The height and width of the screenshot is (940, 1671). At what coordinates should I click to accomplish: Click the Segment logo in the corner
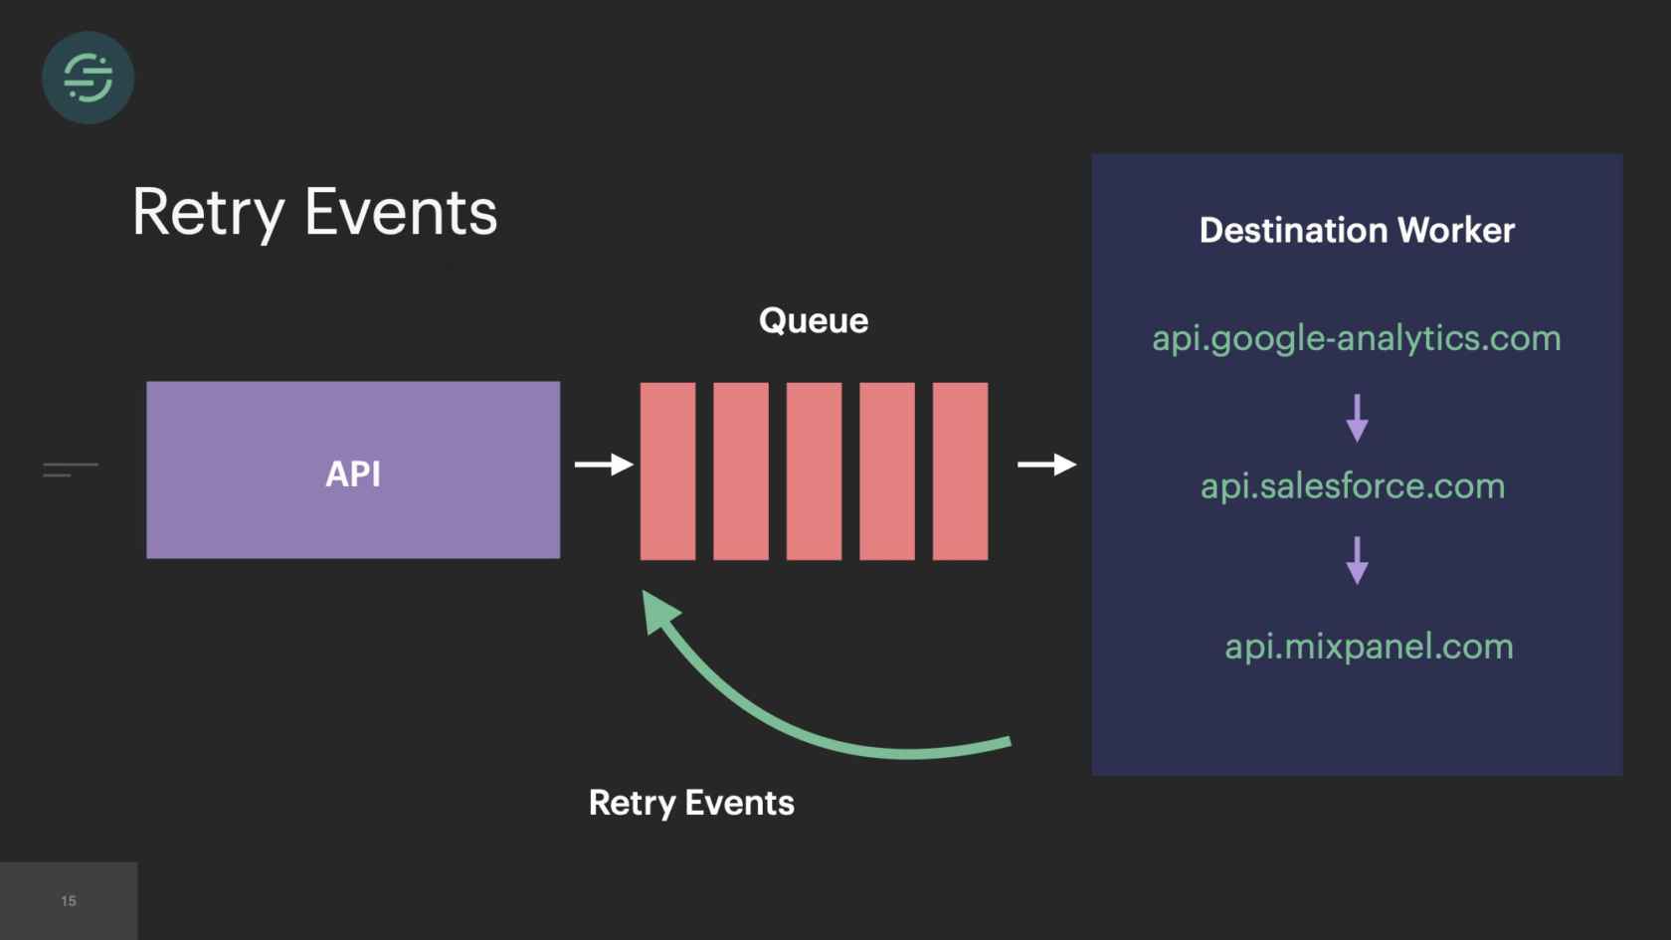(88, 78)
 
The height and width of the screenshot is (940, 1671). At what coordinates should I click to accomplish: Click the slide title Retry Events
(314, 213)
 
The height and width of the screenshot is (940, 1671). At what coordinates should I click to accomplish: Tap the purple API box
(353, 470)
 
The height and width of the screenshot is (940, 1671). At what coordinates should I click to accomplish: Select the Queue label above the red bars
(814, 320)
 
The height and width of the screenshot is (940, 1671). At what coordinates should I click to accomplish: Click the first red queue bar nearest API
(667, 470)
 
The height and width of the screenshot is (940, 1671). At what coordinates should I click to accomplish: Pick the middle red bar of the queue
(814, 470)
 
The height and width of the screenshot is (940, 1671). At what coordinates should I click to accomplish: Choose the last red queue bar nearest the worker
(960, 470)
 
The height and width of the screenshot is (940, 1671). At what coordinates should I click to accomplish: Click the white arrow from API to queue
(604, 465)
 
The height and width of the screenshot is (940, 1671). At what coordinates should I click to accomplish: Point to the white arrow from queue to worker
(1046, 465)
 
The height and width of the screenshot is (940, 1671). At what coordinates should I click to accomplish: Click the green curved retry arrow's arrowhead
(658, 609)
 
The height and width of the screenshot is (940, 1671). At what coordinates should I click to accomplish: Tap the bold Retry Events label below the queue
(691, 803)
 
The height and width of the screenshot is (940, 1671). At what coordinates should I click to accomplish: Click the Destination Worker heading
(1357, 231)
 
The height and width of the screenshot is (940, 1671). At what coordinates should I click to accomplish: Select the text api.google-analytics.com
(1357, 338)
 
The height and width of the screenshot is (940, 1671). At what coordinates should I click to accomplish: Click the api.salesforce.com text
(1353, 486)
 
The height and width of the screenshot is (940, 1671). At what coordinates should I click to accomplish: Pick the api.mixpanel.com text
(1369, 647)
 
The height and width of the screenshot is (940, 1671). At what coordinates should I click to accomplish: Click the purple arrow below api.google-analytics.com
(1357, 418)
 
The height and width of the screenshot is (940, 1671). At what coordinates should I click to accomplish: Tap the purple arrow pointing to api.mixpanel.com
(1357, 560)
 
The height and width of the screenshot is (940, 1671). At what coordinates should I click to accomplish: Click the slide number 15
(69, 901)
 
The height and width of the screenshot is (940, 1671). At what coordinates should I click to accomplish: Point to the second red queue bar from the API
(741, 470)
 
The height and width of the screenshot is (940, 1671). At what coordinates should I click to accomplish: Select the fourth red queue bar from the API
(887, 470)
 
